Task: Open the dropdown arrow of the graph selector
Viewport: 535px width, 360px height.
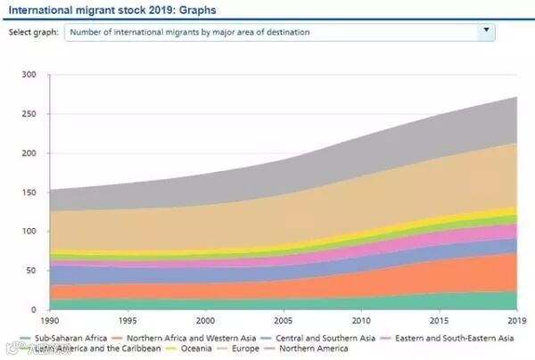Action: pos(485,30)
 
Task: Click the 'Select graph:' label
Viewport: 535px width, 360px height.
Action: pos(34,32)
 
